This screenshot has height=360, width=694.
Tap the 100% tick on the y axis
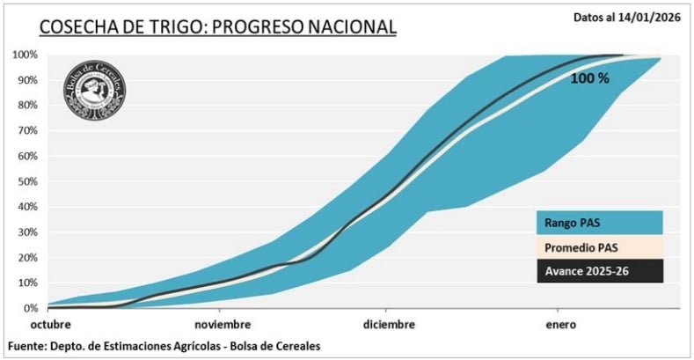[x=25, y=55]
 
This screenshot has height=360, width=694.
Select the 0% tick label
[x=29, y=308]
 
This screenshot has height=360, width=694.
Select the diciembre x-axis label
[x=388, y=325]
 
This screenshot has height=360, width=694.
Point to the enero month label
[x=560, y=325]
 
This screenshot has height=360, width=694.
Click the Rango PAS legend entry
[x=599, y=223]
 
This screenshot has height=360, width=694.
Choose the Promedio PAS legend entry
[x=599, y=247]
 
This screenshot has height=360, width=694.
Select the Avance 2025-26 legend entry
[x=599, y=271]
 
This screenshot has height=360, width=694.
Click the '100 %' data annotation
[x=589, y=78]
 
